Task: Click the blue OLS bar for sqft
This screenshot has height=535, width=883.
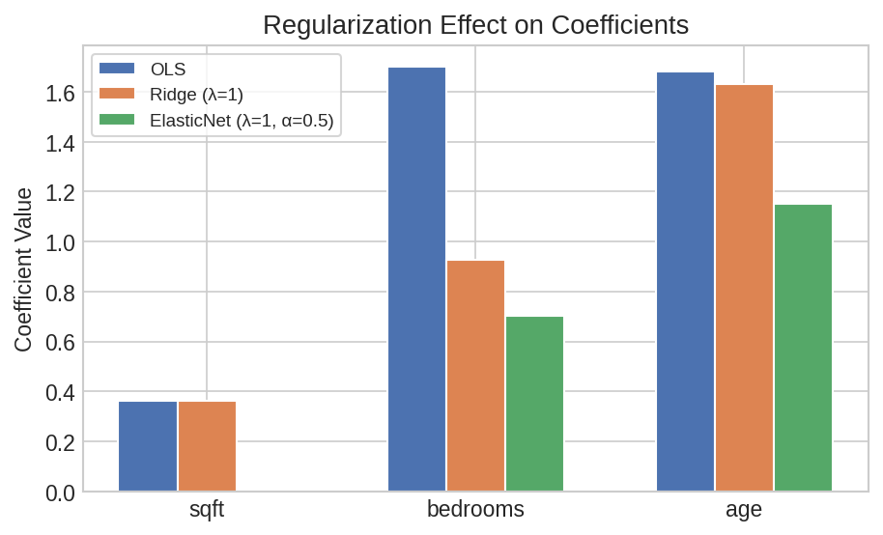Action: pos(148,446)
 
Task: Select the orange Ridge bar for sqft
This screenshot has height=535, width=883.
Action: pos(207,446)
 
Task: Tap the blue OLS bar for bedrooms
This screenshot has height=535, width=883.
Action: pos(416,279)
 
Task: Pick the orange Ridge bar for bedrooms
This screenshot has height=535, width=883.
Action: pos(475,376)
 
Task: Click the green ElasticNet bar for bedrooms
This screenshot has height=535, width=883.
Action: pos(534,404)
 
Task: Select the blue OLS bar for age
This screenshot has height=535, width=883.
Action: pos(685,282)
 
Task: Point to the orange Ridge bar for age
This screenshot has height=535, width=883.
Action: pos(744,288)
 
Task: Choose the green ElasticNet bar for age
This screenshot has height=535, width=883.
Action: pos(803,348)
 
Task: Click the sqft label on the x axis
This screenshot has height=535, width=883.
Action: pos(207,510)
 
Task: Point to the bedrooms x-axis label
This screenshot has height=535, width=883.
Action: pos(475,510)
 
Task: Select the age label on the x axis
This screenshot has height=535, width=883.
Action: pos(744,510)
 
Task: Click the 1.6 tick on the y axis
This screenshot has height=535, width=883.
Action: pos(61,94)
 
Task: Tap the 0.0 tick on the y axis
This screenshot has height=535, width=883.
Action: pos(61,493)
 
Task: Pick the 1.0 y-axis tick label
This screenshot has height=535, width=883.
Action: pos(61,243)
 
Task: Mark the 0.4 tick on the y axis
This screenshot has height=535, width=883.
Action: pos(61,393)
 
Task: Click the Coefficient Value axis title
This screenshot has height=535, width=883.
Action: pos(24,269)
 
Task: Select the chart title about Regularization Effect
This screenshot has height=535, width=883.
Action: pos(475,25)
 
